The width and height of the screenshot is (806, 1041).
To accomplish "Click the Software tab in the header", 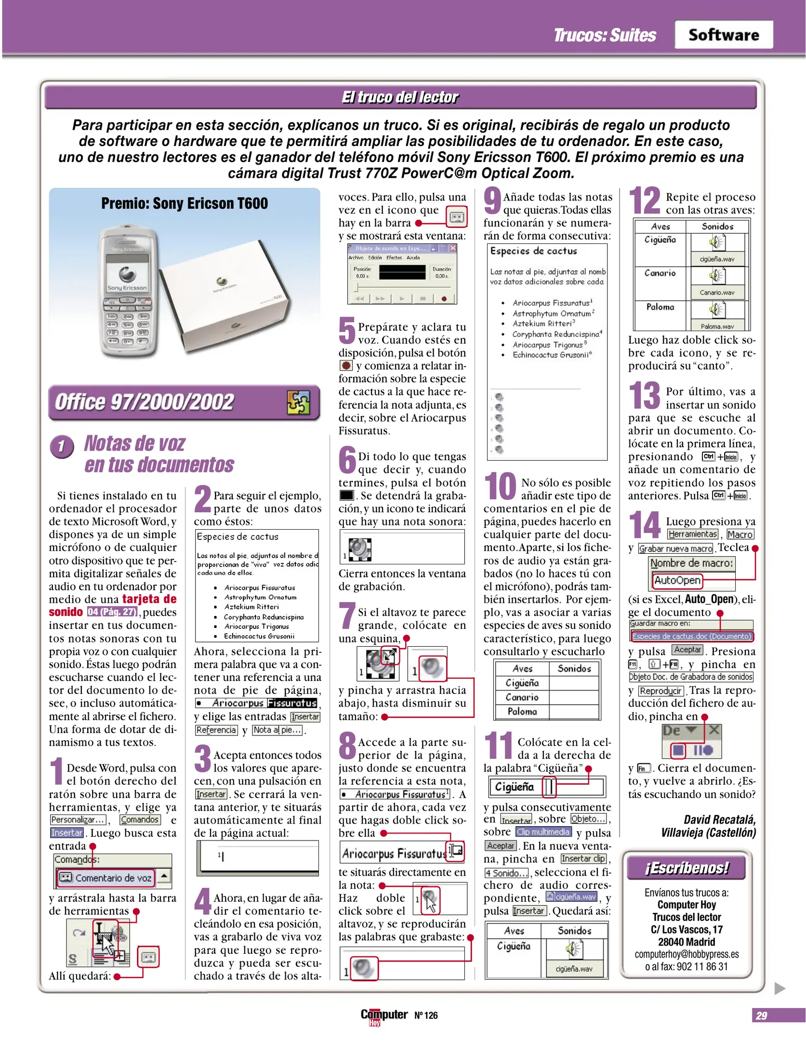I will (723, 35).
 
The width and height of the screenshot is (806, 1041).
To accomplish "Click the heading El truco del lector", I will (400, 97).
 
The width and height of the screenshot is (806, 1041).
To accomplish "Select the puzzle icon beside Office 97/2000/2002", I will (298, 402).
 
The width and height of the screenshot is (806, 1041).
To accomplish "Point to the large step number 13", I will (644, 396).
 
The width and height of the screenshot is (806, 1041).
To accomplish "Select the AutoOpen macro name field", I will (677, 580).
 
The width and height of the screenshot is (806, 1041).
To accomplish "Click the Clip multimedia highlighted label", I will (543, 832).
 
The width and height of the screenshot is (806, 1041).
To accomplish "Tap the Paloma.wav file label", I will (717, 326).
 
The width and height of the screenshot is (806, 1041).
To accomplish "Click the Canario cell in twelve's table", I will (660, 273).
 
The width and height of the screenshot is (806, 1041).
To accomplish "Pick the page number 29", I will (761, 1015).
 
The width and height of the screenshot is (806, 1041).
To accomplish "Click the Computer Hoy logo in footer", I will (384, 1015).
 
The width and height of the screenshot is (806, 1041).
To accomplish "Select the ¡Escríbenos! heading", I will (687, 868).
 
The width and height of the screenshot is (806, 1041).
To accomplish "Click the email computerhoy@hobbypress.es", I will (687, 954).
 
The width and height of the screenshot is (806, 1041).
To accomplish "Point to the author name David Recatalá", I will (719, 820).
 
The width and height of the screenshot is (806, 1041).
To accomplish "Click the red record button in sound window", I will (444, 299).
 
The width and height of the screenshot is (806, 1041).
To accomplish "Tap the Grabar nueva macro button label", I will (675, 548).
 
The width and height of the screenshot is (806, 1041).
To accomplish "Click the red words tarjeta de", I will (149, 599).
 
